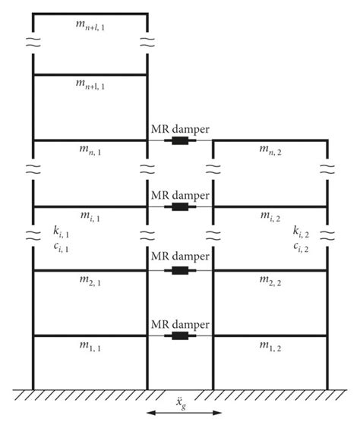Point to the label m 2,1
(x=90, y=282)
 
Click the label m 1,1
(x=90, y=347)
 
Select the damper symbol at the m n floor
(x=180, y=140)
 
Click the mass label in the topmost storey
(x=90, y=27)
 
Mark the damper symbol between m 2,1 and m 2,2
(x=180, y=270)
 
